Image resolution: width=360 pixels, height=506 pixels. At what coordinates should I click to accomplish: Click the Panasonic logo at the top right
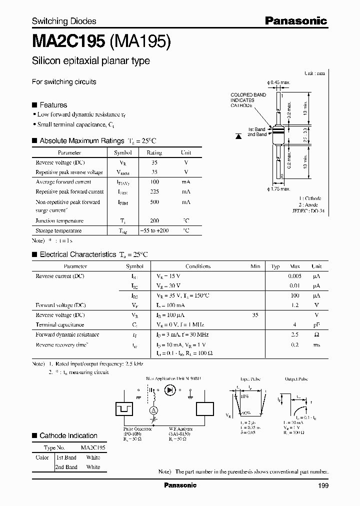295,21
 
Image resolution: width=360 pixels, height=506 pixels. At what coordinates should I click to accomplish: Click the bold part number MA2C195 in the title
67,42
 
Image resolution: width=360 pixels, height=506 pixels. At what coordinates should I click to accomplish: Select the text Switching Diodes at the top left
64,21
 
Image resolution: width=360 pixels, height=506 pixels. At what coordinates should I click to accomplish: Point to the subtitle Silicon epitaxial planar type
90,61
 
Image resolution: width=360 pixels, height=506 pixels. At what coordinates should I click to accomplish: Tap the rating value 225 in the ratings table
154,191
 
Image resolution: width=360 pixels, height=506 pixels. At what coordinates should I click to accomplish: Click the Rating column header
154,152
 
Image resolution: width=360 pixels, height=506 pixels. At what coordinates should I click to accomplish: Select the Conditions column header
198,266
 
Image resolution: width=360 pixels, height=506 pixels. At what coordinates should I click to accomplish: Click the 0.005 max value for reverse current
295,276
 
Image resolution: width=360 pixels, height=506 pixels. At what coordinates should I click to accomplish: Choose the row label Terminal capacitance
59,324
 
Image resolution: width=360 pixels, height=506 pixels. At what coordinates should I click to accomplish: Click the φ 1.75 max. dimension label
279,189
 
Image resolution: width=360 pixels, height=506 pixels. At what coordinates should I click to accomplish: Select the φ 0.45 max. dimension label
279,82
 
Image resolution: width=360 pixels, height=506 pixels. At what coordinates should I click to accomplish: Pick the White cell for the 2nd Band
93,467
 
